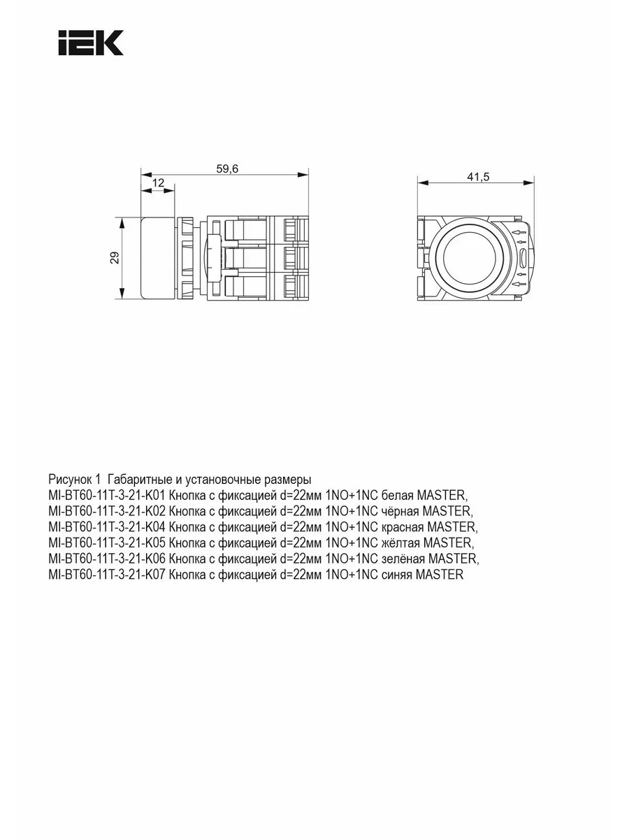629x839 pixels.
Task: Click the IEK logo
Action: pyautogui.click(x=91, y=43)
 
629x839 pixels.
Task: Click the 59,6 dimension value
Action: pyautogui.click(x=227, y=168)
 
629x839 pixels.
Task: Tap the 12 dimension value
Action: pyautogui.click(x=158, y=183)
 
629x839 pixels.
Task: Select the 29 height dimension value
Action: pyautogui.click(x=115, y=257)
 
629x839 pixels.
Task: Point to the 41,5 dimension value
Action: pyautogui.click(x=478, y=177)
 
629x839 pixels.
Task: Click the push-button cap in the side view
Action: pyautogui.click(x=158, y=257)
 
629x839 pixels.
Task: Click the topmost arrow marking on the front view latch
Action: pyautogui.click(x=519, y=232)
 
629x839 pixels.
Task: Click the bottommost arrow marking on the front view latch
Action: pyautogui.click(x=519, y=284)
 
